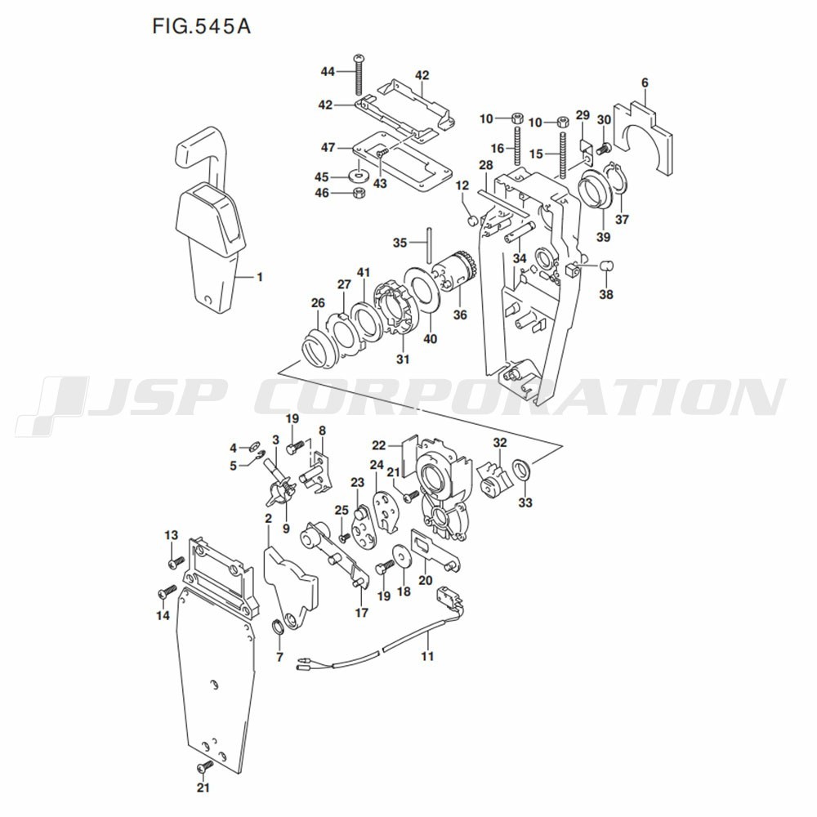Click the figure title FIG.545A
click(201, 26)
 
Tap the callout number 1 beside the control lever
click(260, 277)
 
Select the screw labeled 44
click(358, 74)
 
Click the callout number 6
click(645, 83)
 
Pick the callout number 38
click(606, 294)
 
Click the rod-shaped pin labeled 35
click(429, 245)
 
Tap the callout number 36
click(460, 315)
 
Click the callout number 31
click(403, 359)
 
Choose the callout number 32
click(500, 443)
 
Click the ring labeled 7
click(279, 627)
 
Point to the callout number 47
click(328, 147)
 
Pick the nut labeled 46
click(358, 193)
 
